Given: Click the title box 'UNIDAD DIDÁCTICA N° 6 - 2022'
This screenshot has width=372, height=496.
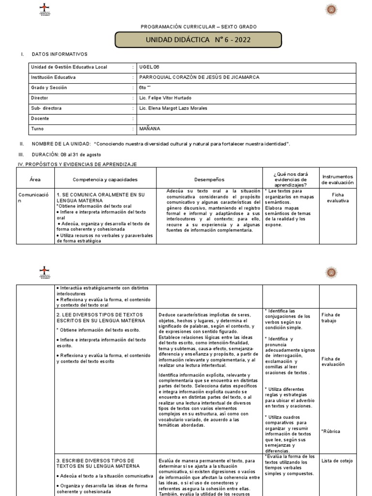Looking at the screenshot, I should click(x=199, y=39).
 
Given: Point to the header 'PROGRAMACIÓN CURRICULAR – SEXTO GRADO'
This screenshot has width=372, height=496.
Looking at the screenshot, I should click(x=199, y=27).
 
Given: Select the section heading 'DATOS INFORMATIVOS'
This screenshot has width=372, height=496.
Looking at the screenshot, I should click(x=60, y=54).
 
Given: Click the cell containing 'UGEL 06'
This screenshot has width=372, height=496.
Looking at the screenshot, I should click(x=149, y=67).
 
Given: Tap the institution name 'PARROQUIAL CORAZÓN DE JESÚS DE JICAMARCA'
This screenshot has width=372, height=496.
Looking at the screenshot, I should click(x=199, y=77).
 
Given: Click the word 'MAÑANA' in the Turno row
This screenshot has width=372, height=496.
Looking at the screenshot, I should click(x=149, y=129).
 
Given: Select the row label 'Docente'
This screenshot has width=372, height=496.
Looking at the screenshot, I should click(x=40, y=119).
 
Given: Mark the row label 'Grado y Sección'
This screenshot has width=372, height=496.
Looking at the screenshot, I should click(x=49, y=88).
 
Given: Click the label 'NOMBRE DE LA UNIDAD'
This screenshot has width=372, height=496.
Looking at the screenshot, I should click(x=61, y=144).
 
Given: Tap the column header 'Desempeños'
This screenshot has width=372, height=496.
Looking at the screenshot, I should click(x=209, y=179).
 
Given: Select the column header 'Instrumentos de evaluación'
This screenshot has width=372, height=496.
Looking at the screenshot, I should click(x=338, y=180).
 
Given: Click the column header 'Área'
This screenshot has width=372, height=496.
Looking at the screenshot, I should click(x=35, y=179).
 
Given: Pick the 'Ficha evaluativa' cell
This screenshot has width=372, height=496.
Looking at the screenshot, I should click(x=338, y=197).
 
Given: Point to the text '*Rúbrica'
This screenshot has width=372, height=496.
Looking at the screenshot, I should click(x=330, y=431).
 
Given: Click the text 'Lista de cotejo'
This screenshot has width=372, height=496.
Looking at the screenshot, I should click(x=337, y=461).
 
